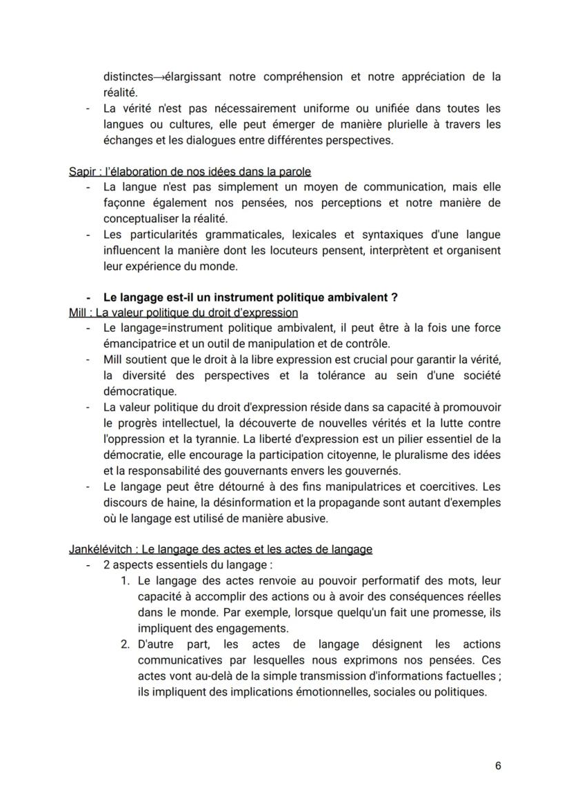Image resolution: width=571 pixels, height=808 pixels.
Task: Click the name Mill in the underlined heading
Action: click(x=77, y=313)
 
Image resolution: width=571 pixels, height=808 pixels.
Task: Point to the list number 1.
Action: click(x=125, y=581)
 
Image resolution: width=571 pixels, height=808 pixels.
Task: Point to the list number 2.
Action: click(x=125, y=644)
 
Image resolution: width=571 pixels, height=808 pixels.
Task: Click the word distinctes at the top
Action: click(x=128, y=77)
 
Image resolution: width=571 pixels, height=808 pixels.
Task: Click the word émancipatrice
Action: click(x=141, y=344)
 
